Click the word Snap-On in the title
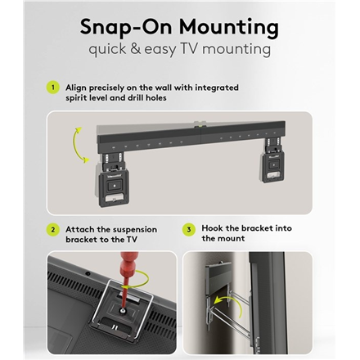(x=126, y=28)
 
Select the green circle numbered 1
(x=53, y=88)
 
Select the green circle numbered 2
(x=53, y=230)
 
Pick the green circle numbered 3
(x=189, y=230)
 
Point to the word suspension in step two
(x=135, y=230)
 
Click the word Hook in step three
(x=212, y=228)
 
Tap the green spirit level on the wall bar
(x=200, y=126)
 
